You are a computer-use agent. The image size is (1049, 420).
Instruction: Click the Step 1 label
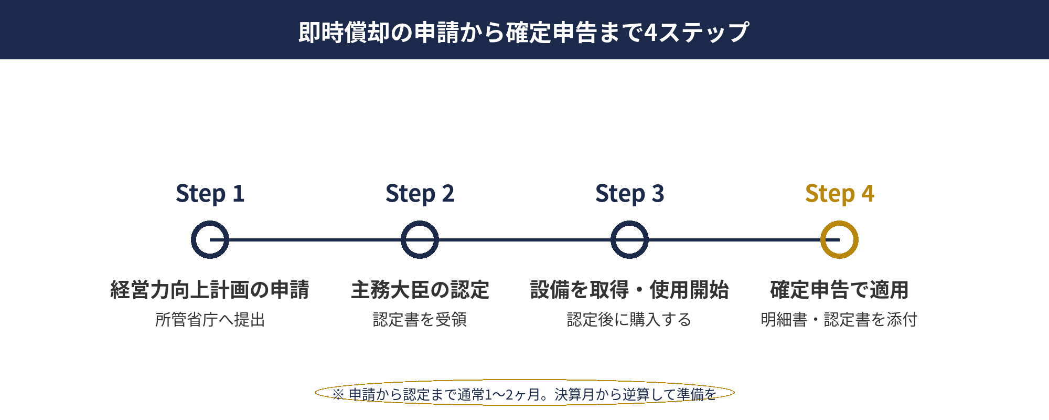210,194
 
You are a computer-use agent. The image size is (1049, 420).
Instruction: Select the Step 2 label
420,194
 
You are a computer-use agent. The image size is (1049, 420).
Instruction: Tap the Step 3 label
629,194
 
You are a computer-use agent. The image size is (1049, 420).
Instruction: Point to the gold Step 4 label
839,194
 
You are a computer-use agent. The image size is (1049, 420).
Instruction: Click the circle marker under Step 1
210,240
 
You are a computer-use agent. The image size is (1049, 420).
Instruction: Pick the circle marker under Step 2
420,240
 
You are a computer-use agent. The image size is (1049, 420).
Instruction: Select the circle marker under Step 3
629,240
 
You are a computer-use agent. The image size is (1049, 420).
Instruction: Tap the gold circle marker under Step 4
839,240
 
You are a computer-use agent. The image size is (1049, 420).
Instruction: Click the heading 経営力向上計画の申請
210,290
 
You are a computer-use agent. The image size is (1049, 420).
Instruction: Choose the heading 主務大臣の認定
420,290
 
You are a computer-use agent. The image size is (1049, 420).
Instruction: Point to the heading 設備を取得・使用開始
629,290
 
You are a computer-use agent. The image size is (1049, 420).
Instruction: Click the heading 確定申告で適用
839,290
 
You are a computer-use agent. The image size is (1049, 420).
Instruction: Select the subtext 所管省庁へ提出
210,319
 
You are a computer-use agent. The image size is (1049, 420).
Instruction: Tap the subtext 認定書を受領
420,319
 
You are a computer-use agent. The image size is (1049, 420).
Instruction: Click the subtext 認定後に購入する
629,319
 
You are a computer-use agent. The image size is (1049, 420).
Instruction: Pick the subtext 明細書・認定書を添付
839,319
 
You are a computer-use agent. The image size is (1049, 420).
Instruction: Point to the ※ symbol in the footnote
338,394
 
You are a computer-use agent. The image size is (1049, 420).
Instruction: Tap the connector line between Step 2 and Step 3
524,240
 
